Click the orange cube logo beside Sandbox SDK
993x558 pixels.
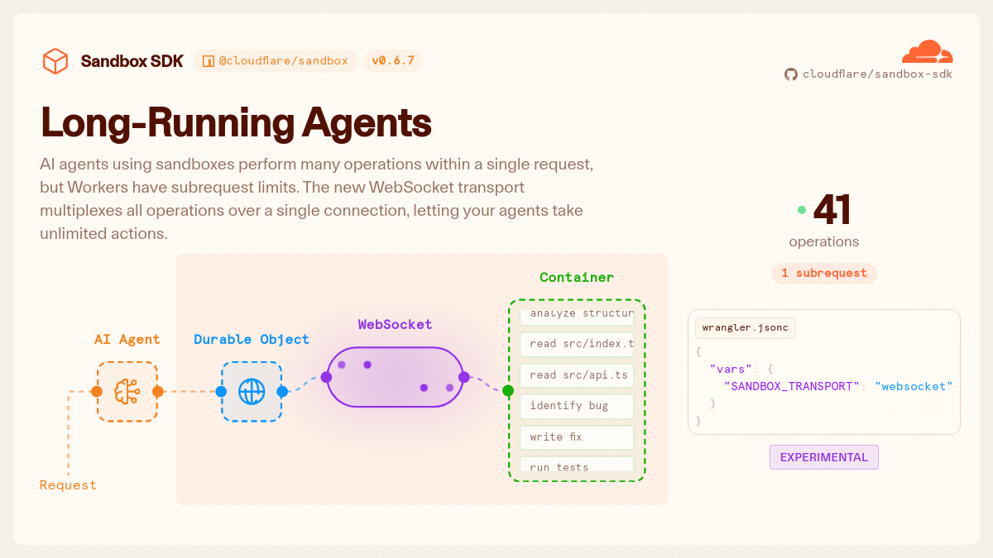coord(55,61)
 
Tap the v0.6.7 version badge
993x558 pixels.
coord(393,60)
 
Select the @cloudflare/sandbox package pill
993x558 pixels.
coord(276,60)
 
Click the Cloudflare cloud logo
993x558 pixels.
coord(927,52)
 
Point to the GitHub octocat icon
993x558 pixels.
coord(791,74)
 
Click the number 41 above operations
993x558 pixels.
coord(832,210)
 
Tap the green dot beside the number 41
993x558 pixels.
coord(802,210)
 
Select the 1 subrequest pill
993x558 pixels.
coord(823,274)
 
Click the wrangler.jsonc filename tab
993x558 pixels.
coord(746,327)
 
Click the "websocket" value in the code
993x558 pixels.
coord(914,387)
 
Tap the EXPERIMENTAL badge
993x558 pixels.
coord(823,457)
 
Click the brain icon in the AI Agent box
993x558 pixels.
coord(127,392)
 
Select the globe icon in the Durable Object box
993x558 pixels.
coord(252,392)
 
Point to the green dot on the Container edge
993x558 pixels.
coord(508,390)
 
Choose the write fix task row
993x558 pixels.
coord(577,437)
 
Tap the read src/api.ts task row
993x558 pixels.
coord(577,375)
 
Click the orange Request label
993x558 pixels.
coord(68,485)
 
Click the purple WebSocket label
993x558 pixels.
coord(395,325)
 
